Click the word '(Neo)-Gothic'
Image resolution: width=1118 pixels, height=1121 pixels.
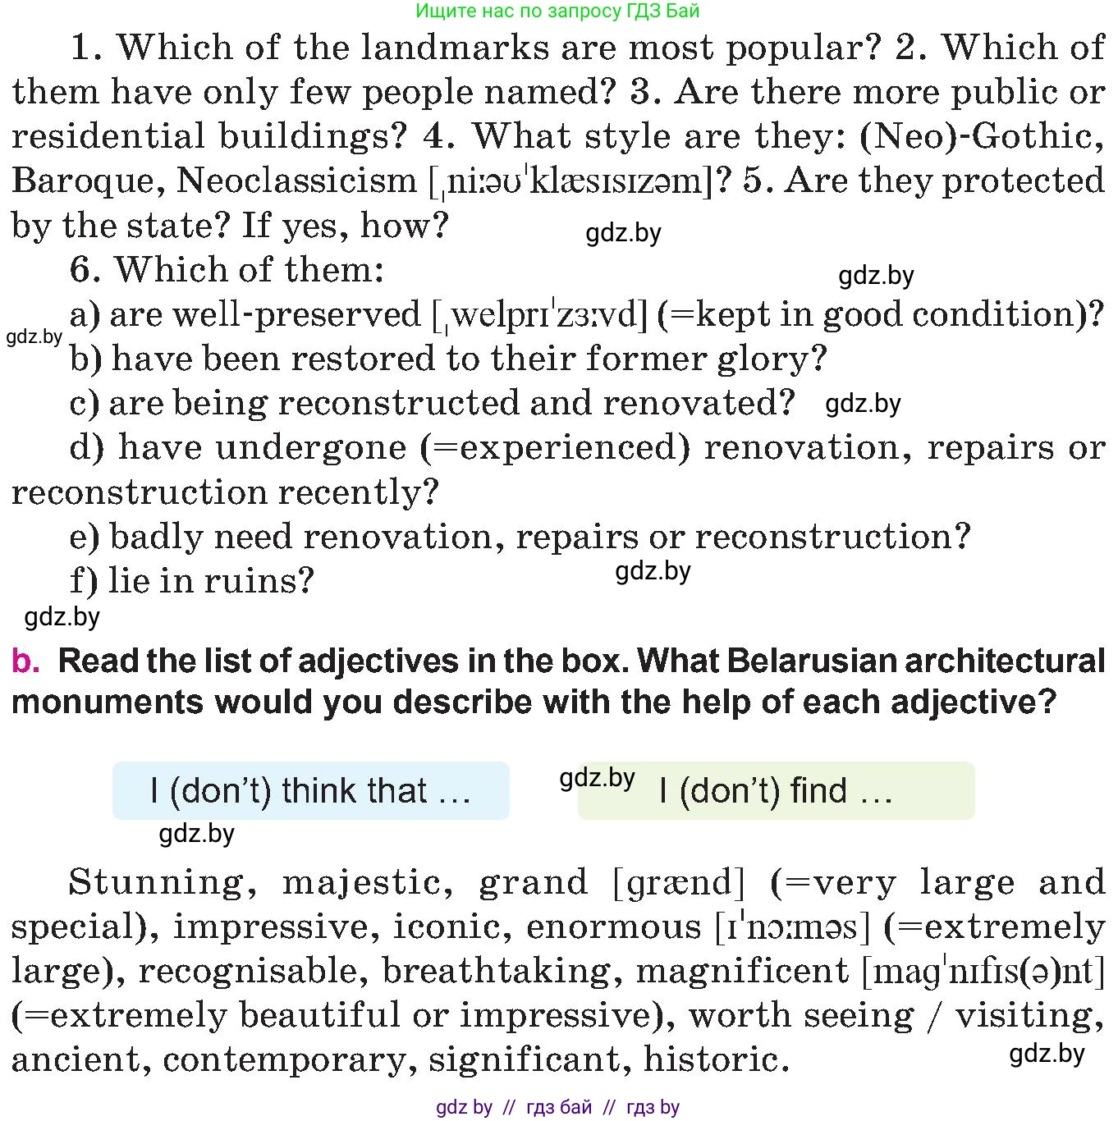[980, 136]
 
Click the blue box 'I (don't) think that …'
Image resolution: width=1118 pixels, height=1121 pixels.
[310, 791]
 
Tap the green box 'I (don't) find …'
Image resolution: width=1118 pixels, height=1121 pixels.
[776, 791]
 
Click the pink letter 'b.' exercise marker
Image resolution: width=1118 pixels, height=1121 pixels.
[25, 661]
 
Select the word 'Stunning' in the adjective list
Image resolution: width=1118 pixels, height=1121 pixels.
[156, 883]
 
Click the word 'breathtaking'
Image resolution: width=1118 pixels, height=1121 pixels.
[497, 972]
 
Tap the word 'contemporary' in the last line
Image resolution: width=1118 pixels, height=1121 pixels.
[284, 1060]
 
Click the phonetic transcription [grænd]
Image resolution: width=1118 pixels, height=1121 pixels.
[679, 883]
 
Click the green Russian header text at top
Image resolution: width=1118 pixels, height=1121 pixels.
[557, 11]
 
